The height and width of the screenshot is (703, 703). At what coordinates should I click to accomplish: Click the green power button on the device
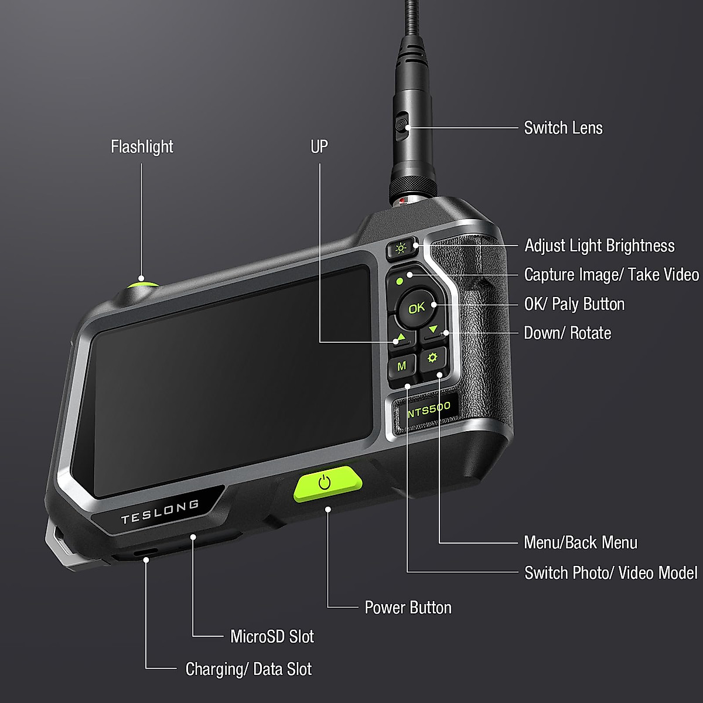click(327, 483)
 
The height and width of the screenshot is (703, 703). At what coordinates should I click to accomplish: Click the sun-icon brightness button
click(401, 249)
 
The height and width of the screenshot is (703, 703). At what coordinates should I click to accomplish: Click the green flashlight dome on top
click(142, 284)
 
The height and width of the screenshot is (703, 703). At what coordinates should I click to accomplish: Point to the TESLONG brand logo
click(159, 511)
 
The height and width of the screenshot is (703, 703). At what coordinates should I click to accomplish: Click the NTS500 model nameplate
click(428, 409)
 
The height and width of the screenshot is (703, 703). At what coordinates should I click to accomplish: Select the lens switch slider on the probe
click(401, 126)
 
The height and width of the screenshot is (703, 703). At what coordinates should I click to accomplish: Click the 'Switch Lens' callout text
click(563, 128)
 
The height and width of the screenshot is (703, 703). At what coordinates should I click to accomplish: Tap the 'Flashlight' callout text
click(142, 146)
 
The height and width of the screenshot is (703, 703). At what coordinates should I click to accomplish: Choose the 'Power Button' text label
click(408, 608)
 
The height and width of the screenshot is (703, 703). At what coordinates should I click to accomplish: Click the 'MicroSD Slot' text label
click(272, 636)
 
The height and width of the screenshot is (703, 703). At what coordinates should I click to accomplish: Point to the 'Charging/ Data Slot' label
click(248, 669)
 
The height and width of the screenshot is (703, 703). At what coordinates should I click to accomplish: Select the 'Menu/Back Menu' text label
click(580, 542)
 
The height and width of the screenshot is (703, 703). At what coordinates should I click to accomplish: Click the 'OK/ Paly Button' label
click(574, 304)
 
